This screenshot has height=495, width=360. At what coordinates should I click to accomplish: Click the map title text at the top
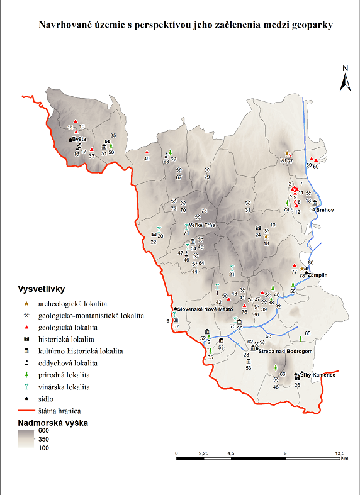(185, 25)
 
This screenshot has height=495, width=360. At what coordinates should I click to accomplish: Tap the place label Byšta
(79, 139)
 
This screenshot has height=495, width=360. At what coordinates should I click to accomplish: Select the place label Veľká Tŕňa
(201, 225)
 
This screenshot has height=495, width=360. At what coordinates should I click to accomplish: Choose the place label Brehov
(325, 209)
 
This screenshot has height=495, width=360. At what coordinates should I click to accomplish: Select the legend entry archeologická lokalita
(74, 303)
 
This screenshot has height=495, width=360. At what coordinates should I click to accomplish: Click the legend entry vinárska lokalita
(68, 387)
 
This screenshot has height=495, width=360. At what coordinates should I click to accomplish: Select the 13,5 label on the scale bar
(339, 452)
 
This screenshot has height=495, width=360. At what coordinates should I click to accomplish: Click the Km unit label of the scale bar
(344, 458)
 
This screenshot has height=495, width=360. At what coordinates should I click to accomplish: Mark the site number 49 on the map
(147, 159)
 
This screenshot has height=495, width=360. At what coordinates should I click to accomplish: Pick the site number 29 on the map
(206, 177)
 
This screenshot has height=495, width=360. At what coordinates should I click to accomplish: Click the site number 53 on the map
(249, 368)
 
